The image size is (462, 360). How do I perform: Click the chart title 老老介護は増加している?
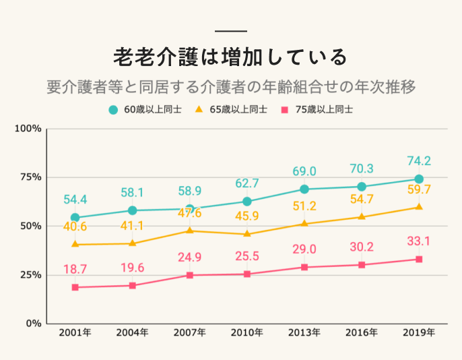click(x=230, y=57)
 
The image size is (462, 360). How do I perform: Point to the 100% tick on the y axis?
click(x=29, y=128)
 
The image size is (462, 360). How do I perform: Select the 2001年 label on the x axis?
click(x=75, y=332)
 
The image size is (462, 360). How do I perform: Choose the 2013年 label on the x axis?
click(x=304, y=332)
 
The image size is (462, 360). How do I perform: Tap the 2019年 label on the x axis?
click(x=419, y=332)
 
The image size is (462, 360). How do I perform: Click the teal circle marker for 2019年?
click(x=419, y=179)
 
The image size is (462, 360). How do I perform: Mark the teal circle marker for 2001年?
click(x=75, y=218)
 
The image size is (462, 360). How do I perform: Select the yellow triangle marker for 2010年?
click(x=247, y=234)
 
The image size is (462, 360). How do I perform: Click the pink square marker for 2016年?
click(x=362, y=265)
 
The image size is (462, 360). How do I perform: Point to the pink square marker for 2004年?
click(x=133, y=286)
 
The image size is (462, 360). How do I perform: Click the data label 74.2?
click(x=419, y=161)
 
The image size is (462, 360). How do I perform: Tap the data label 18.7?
click(x=75, y=269)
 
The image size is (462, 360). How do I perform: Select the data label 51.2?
click(x=304, y=206)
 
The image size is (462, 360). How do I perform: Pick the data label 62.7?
click(x=247, y=183)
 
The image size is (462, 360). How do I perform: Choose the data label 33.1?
click(x=419, y=241)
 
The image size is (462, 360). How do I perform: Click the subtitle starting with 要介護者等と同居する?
click(x=230, y=86)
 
